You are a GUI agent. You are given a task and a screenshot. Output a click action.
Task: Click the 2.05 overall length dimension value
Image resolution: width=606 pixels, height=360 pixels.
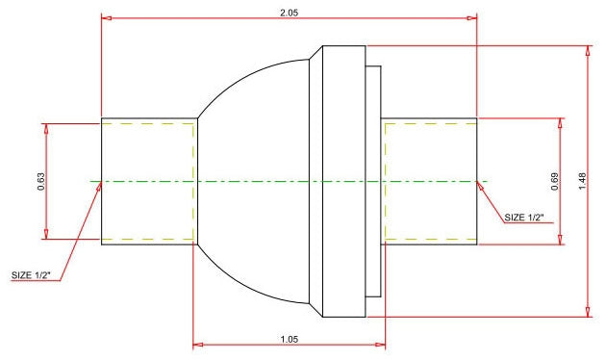pyautogui.click(x=290, y=13)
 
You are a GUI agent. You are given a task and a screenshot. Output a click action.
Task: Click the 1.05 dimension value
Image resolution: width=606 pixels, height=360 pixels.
pyautogui.click(x=290, y=339)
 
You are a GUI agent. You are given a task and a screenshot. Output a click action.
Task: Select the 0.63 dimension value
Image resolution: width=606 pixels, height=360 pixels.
pyautogui.click(x=41, y=181)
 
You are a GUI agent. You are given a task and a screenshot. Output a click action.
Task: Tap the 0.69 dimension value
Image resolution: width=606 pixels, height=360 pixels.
pyautogui.click(x=555, y=181)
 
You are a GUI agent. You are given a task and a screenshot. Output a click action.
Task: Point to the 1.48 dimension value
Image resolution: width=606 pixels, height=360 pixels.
pyautogui.click(x=582, y=181)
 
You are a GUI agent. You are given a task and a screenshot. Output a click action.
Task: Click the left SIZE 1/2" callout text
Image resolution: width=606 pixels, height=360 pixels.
pyautogui.click(x=37, y=275)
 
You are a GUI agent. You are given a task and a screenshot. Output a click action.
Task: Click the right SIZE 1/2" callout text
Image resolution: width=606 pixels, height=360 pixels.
pyautogui.click(x=524, y=218)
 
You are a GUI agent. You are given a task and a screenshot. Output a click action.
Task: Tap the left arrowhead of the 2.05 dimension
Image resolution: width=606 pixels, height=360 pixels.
pyautogui.click(x=106, y=17)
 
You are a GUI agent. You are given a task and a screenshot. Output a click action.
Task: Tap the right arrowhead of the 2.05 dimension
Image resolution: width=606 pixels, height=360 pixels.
pyautogui.click(x=472, y=17)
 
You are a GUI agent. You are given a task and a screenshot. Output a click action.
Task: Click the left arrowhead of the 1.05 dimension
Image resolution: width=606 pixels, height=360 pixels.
pyautogui.click(x=198, y=345)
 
